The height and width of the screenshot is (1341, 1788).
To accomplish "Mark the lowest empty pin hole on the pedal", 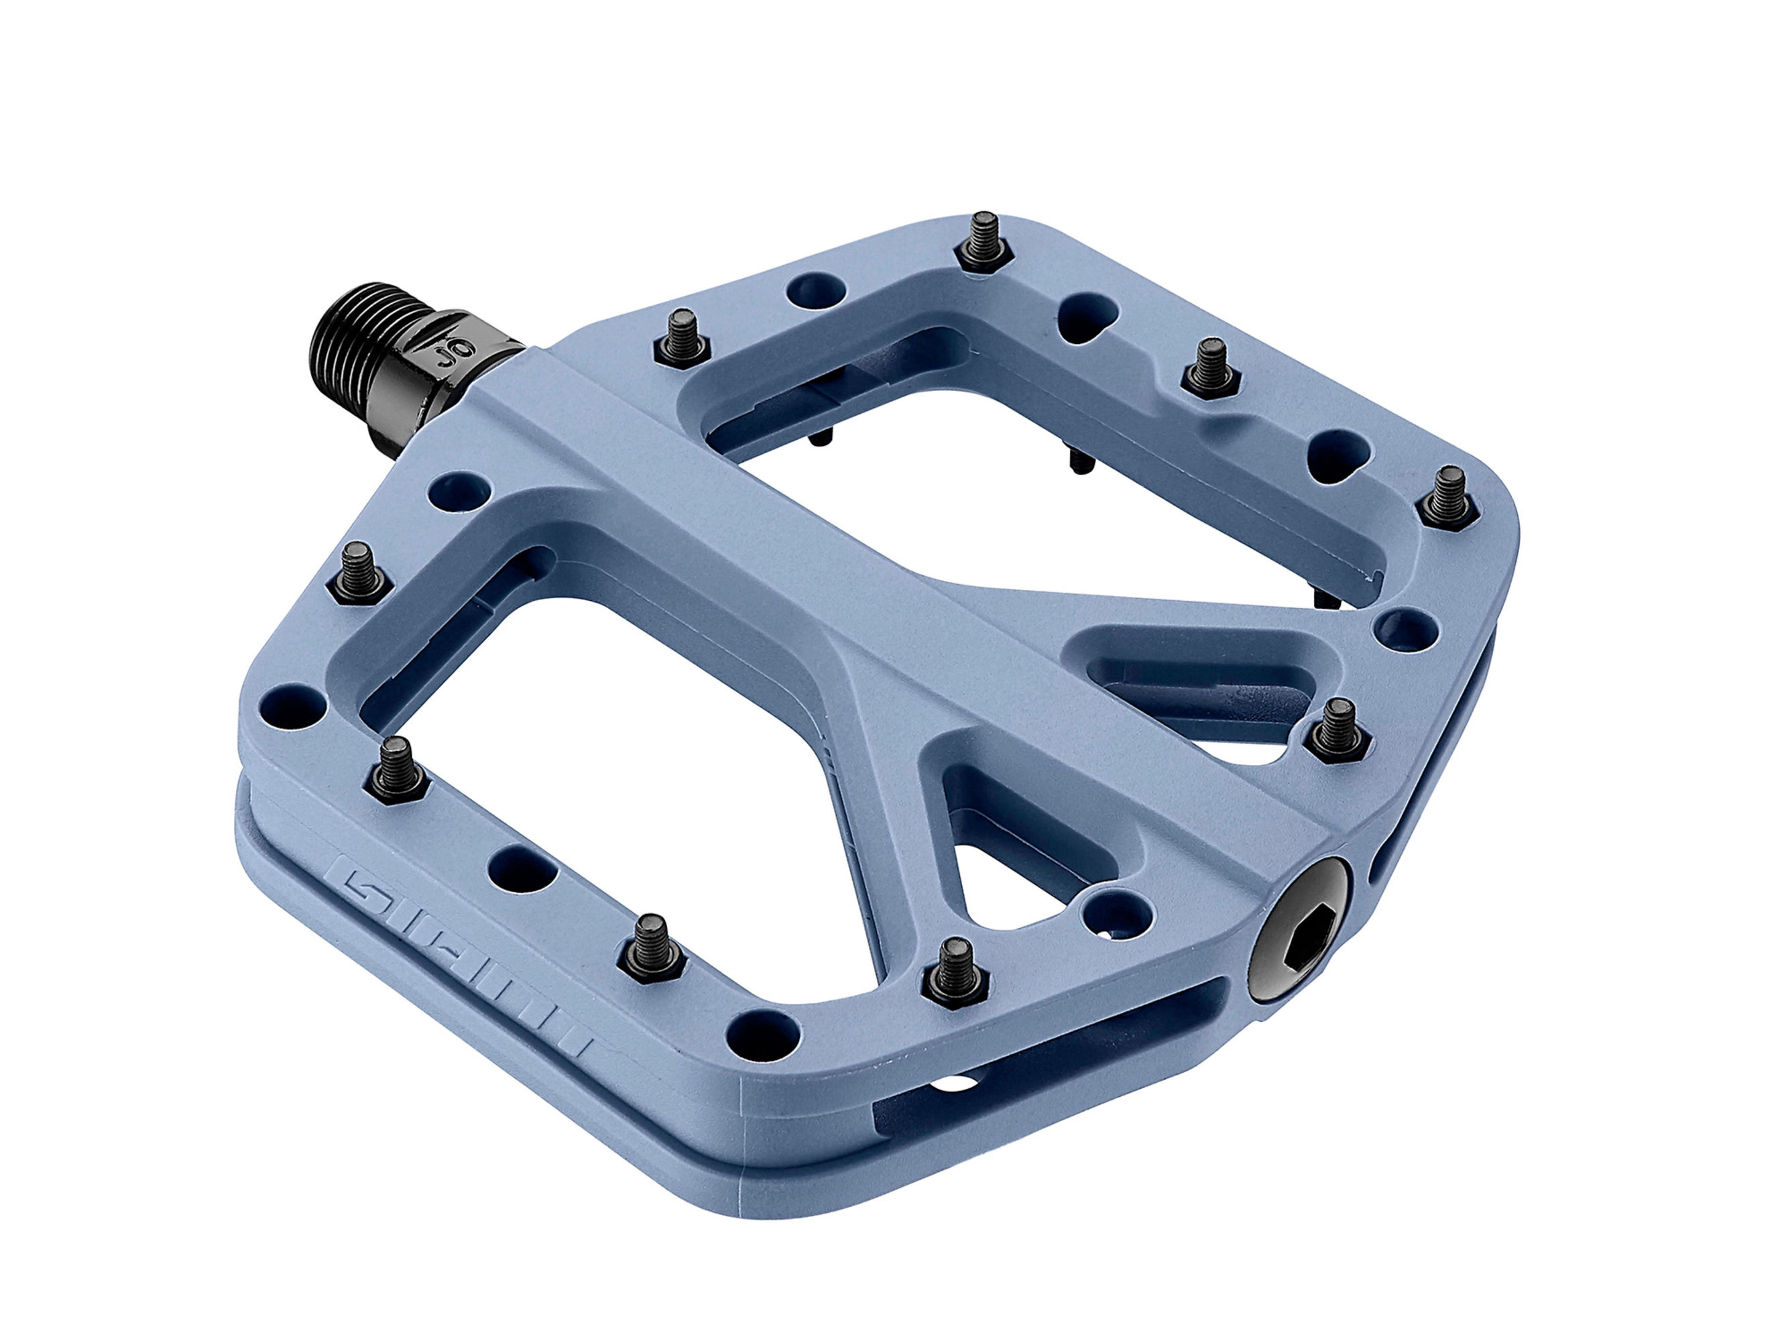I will click(x=767, y=1028).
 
